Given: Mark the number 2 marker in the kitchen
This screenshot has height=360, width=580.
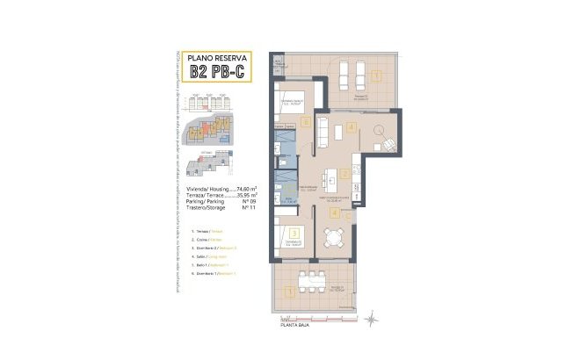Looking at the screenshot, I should (x=345, y=174).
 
